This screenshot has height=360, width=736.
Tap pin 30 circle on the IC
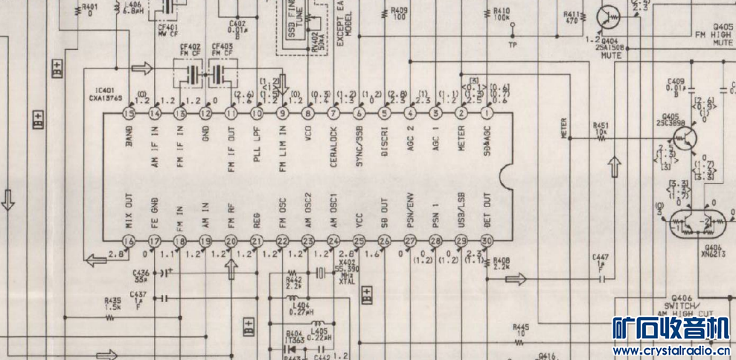(x=487, y=241)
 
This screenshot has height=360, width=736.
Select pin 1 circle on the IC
(x=487, y=114)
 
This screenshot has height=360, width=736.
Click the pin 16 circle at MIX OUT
(x=129, y=241)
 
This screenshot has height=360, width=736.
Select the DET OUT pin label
(x=487, y=210)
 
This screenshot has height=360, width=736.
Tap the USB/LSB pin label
(x=462, y=211)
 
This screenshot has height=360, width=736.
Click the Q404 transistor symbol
(x=610, y=17)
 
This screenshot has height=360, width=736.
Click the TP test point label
(x=511, y=45)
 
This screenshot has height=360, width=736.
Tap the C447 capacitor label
(x=600, y=257)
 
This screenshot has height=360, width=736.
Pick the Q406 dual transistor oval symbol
(x=697, y=222)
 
